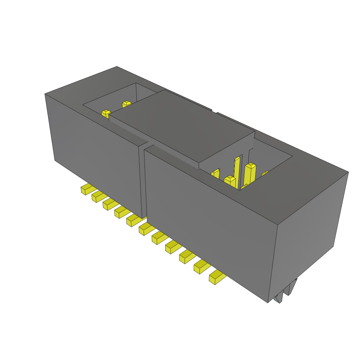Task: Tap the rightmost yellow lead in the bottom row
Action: coord(217,278)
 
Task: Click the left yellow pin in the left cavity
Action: coord(106,114)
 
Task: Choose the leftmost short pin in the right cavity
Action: coord(216,174)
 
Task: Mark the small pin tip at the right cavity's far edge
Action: coord(265,173)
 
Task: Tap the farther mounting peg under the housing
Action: coord(291,287)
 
